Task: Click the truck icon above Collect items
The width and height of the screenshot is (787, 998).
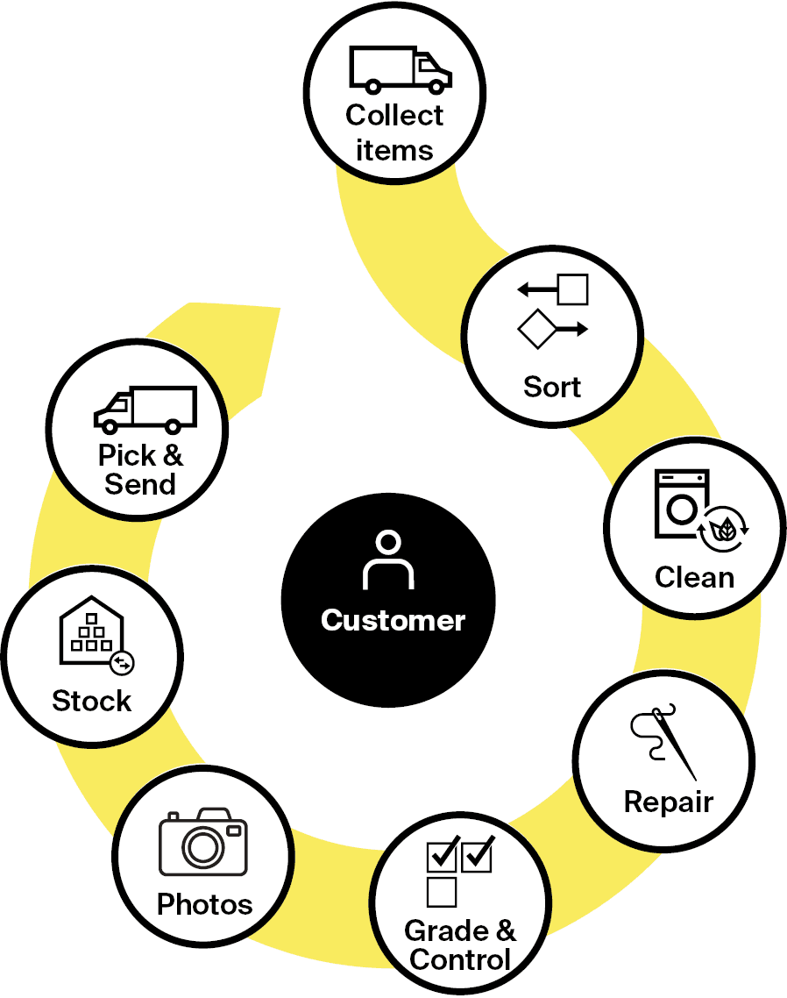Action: click(400, 69)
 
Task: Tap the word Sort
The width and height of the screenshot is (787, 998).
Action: click(552, 387)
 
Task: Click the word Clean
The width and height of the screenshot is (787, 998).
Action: click(694, 577)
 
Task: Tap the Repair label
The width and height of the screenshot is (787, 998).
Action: click(669, 802)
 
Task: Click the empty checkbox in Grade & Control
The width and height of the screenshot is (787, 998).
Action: click(442, 892)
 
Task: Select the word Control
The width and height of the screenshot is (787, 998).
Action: click(460, 959)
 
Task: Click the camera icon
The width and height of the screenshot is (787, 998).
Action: click(203, 843)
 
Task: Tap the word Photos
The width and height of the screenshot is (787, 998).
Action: click(204, 904)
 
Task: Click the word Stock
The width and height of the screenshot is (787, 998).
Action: click(92, 702)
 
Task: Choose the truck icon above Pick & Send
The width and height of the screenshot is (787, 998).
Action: click(145, 410)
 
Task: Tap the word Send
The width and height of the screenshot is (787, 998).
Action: click(140, 484)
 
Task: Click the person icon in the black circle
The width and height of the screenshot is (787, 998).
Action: click(387, 560)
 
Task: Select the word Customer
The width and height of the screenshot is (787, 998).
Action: click(393, 620)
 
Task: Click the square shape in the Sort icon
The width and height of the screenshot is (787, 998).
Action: click(573, 289)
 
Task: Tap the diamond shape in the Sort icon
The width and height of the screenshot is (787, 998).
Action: click(537, 330)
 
